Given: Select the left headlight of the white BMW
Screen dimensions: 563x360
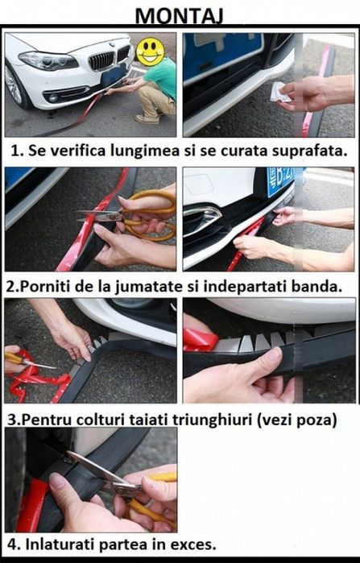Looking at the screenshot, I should coord(38,60).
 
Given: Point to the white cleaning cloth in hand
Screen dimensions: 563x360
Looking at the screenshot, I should coord(281,93).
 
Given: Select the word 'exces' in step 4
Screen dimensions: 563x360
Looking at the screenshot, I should coord(194,545).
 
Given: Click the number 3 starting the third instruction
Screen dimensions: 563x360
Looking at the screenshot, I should coord(10,419).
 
